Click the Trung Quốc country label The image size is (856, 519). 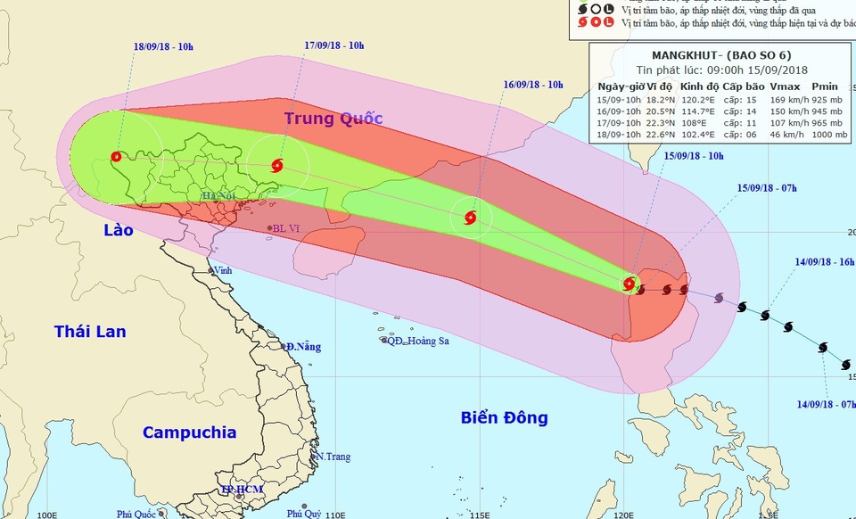pos(333,119)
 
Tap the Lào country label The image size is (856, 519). pos(117,230)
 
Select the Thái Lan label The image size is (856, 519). pos(90,332)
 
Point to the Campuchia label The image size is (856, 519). pos(189,432)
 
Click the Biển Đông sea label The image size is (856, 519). pos(504,417)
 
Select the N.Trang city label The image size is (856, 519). pos(333,457)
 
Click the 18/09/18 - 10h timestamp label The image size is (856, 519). pos(164,45)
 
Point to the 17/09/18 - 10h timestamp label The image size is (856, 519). pos(334,45)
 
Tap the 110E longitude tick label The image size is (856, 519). pos(335,515)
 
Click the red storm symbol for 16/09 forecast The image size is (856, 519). pos(470,218)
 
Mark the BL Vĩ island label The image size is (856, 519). pos(286,228)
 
